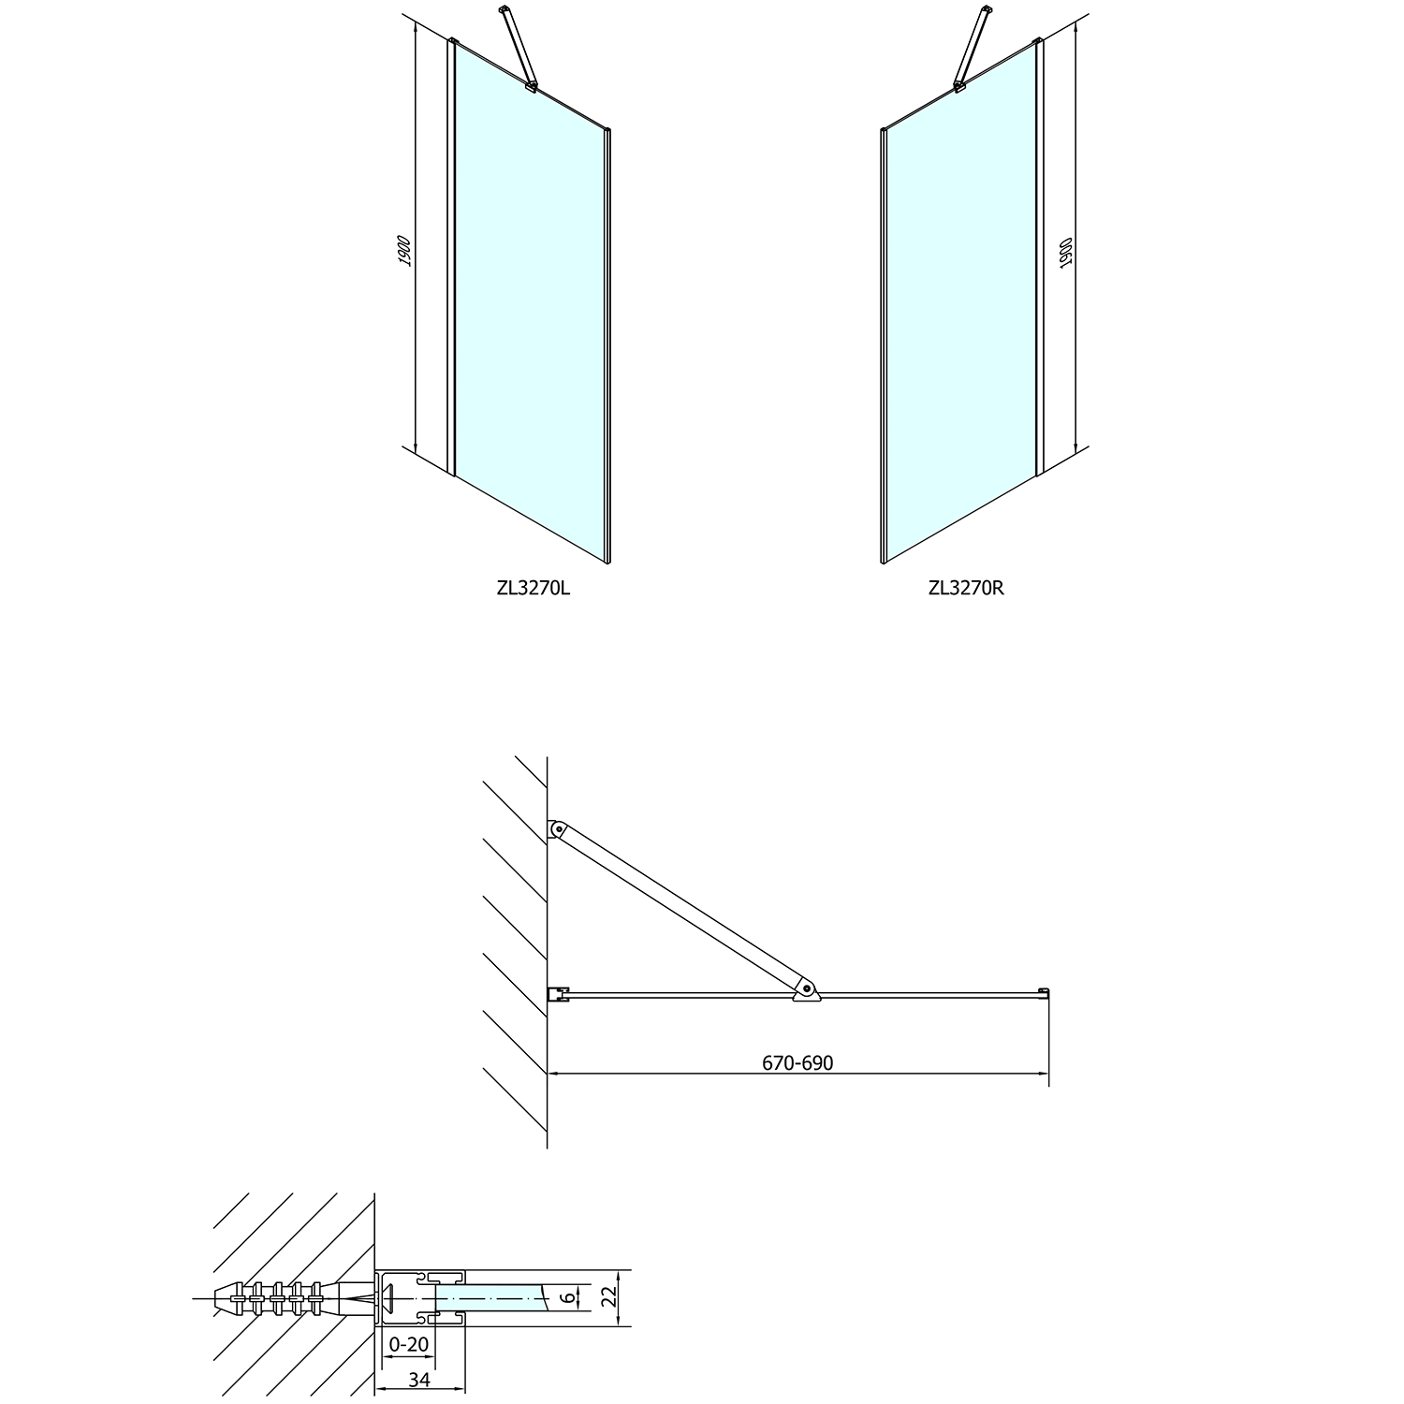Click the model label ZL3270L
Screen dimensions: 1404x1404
point(533,589)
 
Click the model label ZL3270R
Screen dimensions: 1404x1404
point(966,589)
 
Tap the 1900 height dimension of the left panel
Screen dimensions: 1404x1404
point(403,251)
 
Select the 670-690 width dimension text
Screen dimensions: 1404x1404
point(797,1063)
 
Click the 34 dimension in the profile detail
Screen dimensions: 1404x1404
point(419,1380)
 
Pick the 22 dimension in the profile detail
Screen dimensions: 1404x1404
point(609,1298)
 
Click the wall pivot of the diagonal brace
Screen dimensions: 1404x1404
point(557,828)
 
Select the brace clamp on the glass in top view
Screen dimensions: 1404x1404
point(804,990)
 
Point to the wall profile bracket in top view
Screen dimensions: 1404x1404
point(558,993)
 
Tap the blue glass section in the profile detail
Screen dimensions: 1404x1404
point(487,1297)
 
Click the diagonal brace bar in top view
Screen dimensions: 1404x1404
point(679,908)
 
